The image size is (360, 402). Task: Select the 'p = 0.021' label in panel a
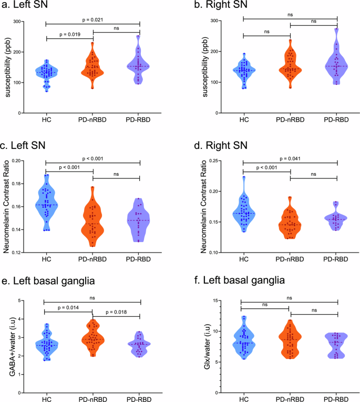coord(92,19)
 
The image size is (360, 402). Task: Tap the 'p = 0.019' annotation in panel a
coord(69,34)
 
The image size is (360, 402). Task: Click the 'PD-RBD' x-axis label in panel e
coord(140,397)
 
